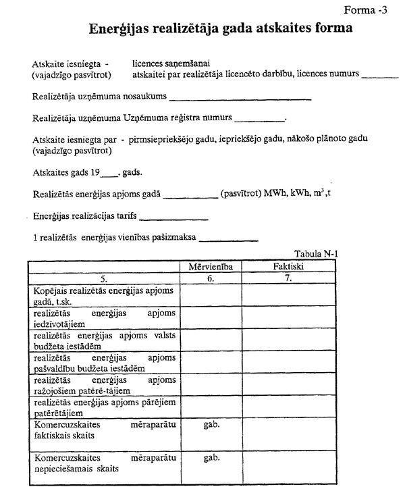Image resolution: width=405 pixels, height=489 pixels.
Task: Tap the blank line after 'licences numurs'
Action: pyautogui.click(x=380, y=76)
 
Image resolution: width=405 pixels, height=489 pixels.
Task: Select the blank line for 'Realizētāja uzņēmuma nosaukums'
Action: pyautogui.click(x=240, y=99)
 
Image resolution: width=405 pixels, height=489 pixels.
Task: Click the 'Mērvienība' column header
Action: pyautogui.click(x=211, y=267)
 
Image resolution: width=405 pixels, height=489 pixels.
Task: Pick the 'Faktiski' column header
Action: pyautogui.click(x=289, y=267)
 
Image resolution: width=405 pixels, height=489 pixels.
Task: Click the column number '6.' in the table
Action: pyautogui.click(x=211, y=278)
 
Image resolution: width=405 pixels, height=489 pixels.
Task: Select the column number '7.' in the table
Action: pyautogui.click(x=289, y=278)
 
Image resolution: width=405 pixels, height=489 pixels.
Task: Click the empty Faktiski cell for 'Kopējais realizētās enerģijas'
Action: pyautogui.click(x=289, y=295)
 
